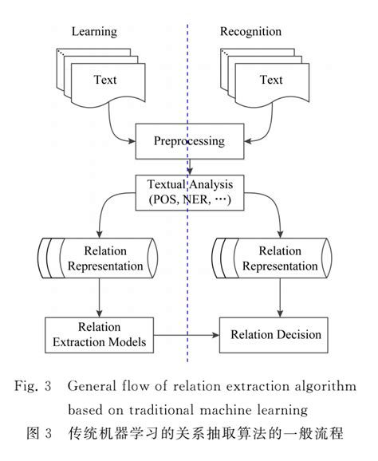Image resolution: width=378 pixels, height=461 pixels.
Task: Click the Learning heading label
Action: point(94,32)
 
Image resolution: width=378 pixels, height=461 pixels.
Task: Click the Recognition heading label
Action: point(250,32)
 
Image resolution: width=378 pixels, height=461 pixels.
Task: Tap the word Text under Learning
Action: point(105,80)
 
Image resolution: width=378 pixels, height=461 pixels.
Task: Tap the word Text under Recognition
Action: point(271,80)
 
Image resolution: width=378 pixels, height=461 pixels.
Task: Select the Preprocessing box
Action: point(190,141)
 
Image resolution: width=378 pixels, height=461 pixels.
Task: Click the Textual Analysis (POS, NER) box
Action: point(190,192)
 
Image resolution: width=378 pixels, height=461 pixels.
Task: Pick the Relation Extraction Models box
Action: point(100,335)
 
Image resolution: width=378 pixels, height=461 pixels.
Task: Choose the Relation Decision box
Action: point(274,335)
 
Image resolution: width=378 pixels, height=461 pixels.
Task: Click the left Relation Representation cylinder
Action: point(98,258)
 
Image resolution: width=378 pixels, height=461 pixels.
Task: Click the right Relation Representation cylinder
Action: point(272,258)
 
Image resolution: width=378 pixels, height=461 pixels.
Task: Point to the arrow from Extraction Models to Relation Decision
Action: point(187,335)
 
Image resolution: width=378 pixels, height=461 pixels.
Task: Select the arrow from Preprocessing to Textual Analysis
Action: point(190,167)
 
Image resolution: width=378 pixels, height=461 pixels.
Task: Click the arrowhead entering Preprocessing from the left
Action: point(132,141)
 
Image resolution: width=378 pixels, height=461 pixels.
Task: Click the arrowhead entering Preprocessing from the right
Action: point(248,141)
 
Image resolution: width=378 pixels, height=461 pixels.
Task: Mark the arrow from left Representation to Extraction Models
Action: point(100,297)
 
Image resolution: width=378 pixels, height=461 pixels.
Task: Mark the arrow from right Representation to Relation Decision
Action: point(280,297)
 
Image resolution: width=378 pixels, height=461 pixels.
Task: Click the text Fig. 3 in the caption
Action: point(33,386)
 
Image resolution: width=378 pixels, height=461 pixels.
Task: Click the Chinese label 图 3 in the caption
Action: point(39,433)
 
